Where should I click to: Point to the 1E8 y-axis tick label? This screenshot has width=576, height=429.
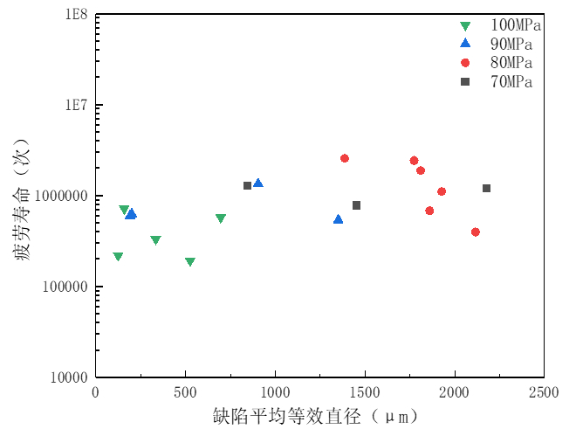point(73,15)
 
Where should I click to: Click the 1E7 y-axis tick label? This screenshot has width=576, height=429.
point(73,105)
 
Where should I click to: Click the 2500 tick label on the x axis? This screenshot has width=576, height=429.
point(543,393)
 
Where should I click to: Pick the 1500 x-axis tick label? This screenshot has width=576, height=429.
point(364,393)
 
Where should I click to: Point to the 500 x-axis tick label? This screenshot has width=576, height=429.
point(185,393)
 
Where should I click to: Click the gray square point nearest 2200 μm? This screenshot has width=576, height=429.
point(486,188)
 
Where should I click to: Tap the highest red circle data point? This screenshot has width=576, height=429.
point(345,158)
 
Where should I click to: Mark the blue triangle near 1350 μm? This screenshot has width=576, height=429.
point(338,219)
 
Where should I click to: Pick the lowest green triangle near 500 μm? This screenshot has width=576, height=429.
point(190,262)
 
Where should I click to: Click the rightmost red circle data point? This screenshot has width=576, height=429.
point(475,232)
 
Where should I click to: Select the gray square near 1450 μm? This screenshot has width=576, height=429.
point(356,205)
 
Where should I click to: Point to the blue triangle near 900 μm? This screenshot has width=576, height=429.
point(257,183)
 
